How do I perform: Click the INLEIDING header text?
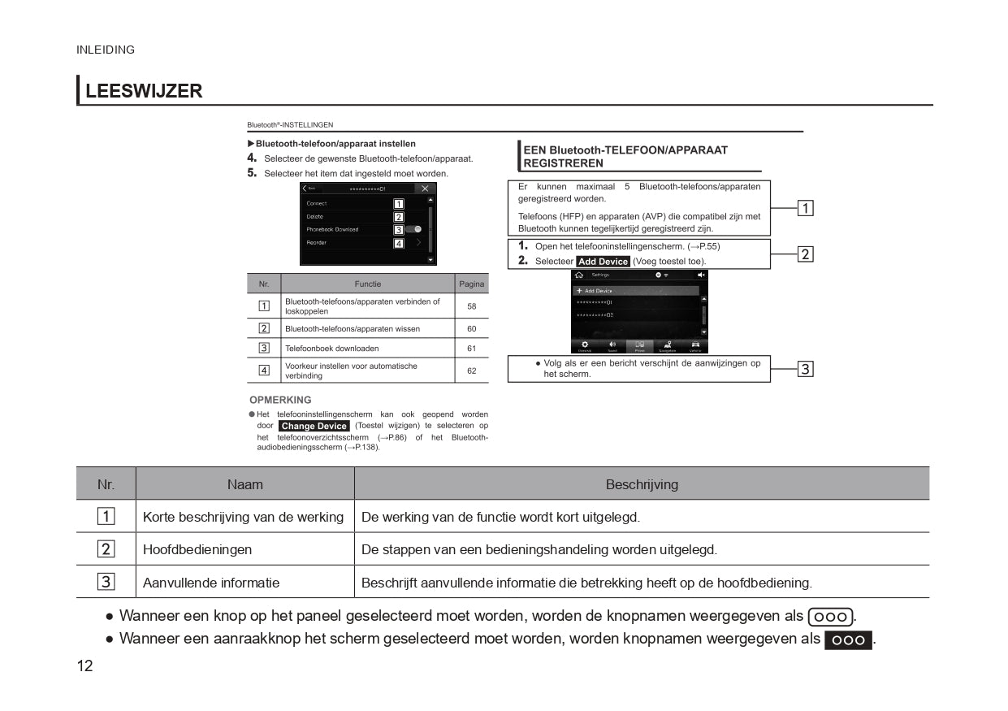(x=106, y=50)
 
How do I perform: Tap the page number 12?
(x=84, y=666)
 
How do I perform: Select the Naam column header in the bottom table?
(x=244, y=484)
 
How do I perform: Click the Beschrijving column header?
(x=641, y=484)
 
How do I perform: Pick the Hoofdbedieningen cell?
(x=197, y=549)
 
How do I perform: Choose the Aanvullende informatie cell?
(x=211, y=583)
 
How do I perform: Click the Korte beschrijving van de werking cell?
(x=243, y=517)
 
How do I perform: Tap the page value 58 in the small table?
(x=472, y=306)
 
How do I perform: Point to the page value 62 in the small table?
(x=472, y=371)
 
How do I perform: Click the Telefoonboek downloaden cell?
(x=331, y=349)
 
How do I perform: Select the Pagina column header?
(x=472, y=284)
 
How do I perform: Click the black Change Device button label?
(x=314, y=426)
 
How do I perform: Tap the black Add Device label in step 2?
(x=603, y=262)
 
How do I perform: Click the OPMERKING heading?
(x=280, y=400)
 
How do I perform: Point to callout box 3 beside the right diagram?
(x=805, y=369)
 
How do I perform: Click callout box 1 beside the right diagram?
(x=805, y=208)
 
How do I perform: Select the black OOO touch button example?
(x=848, y=640)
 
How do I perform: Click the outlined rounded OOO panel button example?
(x=831, y=617)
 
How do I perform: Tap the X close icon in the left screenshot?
(x=425, y=189)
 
